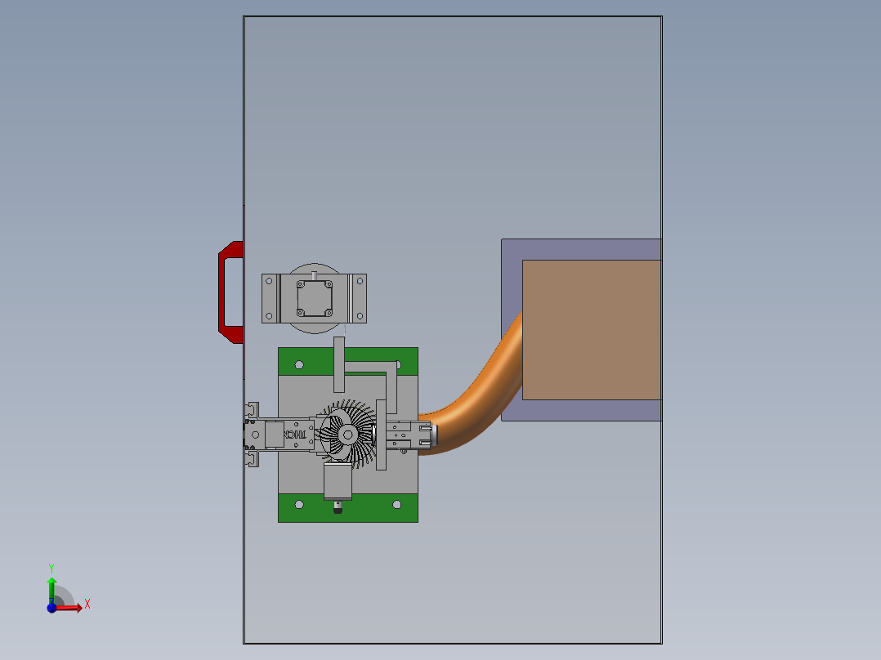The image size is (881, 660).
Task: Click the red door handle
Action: [x=223, y=292]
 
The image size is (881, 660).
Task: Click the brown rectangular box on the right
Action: [x=591, y=329]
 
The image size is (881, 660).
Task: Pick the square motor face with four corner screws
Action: [x=314, y=298]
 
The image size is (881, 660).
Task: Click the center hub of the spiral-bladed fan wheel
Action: [x=347, y=435]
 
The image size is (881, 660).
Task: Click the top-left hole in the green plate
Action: [x=299, y=364]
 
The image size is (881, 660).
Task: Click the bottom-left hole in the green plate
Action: [x=299, y=505]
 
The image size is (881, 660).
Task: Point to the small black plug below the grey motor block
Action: [x=338, y=509]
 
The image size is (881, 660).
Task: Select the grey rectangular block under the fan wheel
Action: [x=338, y=482]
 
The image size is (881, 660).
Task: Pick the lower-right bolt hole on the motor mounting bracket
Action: [x=360, y=315]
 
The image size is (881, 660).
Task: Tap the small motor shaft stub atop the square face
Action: [x=314, y=275]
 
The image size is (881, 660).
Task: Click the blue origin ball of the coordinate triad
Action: [x=51, y=608]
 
